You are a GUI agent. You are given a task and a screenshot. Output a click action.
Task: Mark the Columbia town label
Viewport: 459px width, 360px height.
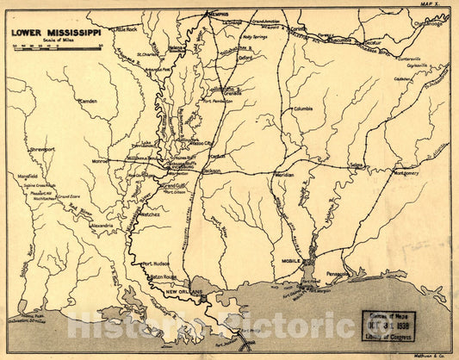pos(304,109)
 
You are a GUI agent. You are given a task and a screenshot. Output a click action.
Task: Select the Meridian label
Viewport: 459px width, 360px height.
pos(284,174)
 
